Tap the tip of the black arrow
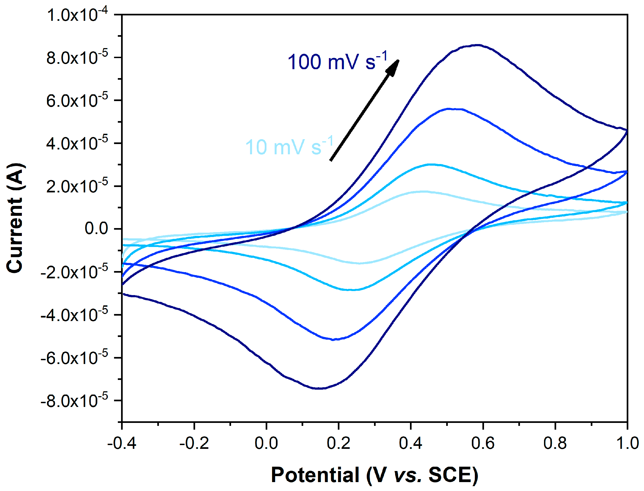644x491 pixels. [x=398, y=61]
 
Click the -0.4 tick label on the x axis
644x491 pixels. [x=122, y=443]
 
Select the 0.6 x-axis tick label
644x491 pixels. [x=483, y=443]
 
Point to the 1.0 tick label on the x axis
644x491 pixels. [x=627, y=443]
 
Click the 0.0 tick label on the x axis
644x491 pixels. [x=266, y=443]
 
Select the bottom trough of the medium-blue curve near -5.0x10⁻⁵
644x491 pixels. [x=333, y=340]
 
